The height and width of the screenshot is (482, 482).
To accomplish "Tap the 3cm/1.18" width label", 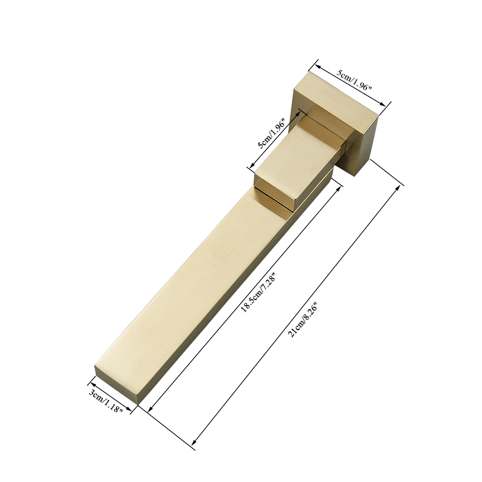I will (x=106, y=401).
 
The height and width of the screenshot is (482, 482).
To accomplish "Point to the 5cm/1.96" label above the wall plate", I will (x=354, y=79).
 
